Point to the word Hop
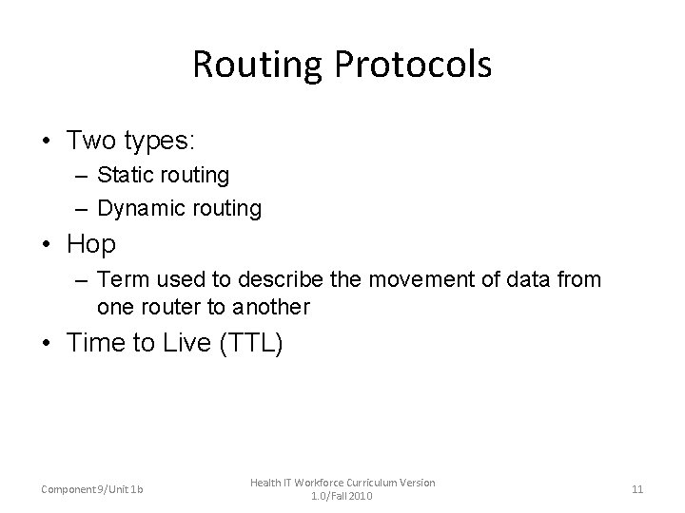click(91, 244)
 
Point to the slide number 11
click(637, 489)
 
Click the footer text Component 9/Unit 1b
click(92, 489)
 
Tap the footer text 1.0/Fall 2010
click(342, 496)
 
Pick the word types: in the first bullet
click(160, 142)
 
